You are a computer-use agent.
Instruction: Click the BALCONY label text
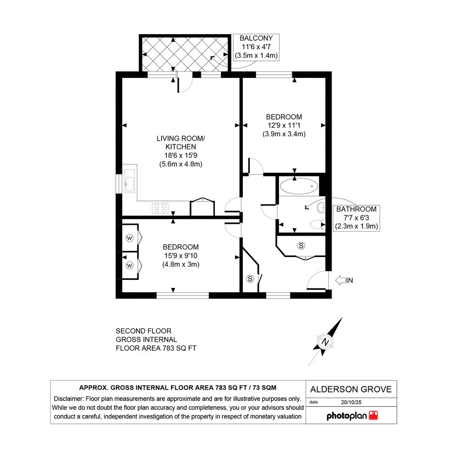tap(256, 38)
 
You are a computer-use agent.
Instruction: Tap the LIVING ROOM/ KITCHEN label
tap(181, 143)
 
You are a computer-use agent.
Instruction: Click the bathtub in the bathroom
tap(299, 186)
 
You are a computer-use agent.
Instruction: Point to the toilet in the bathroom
tap(318, 224)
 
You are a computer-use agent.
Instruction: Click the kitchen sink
tap(130, 181)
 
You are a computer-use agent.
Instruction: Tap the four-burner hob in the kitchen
tap(161, 208)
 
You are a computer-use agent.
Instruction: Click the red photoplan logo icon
tap(373, 415)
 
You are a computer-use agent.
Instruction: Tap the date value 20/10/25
tap(351, 402)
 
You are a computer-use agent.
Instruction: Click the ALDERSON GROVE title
tap(351, 390)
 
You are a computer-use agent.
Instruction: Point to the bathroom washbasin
tap(321, 208)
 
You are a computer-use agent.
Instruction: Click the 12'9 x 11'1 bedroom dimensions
tap(284, 125)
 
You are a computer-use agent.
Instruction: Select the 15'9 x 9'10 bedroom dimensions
tap(181, 256)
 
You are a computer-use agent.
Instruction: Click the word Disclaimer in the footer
tap(68, 399)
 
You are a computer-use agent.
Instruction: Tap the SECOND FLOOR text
tap(143, 331)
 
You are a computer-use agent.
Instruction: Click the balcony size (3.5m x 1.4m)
tap(256, 55)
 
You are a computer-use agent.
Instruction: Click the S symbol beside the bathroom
tap(301, 246)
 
